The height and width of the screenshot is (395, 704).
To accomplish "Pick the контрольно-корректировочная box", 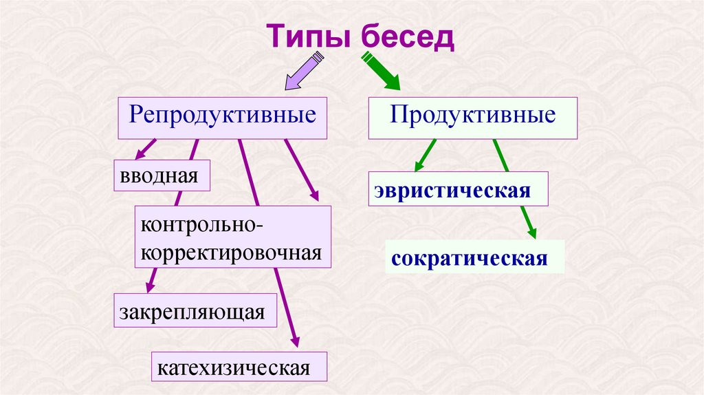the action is [x=232, y=237].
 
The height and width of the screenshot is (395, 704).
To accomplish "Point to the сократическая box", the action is [x=474, y=259].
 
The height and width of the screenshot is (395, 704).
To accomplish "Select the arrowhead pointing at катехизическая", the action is [x=295, y=341].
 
